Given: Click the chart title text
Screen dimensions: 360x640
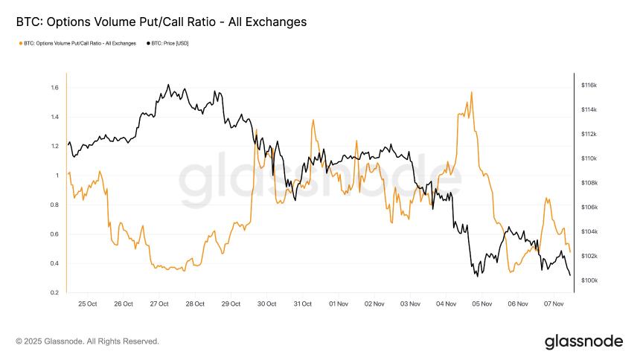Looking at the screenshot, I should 161,22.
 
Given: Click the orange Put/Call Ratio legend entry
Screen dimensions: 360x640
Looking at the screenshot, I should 77,43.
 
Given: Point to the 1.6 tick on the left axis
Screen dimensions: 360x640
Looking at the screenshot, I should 54,88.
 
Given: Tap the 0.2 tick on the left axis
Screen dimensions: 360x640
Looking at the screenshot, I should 54,293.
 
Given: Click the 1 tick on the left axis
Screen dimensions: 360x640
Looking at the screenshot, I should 57,176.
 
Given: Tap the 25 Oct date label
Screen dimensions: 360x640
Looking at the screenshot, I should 87,303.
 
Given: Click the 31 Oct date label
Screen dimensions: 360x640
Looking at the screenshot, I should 302,303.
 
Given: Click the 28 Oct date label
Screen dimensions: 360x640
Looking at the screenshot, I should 195,303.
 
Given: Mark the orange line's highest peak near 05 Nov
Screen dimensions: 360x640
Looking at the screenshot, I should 472,92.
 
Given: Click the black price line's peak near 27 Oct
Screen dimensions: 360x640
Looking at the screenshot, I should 168,85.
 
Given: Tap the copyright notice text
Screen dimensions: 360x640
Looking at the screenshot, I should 87,341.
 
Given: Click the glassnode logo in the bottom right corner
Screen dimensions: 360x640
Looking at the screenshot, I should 583,341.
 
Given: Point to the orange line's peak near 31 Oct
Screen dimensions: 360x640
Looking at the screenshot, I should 313,119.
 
